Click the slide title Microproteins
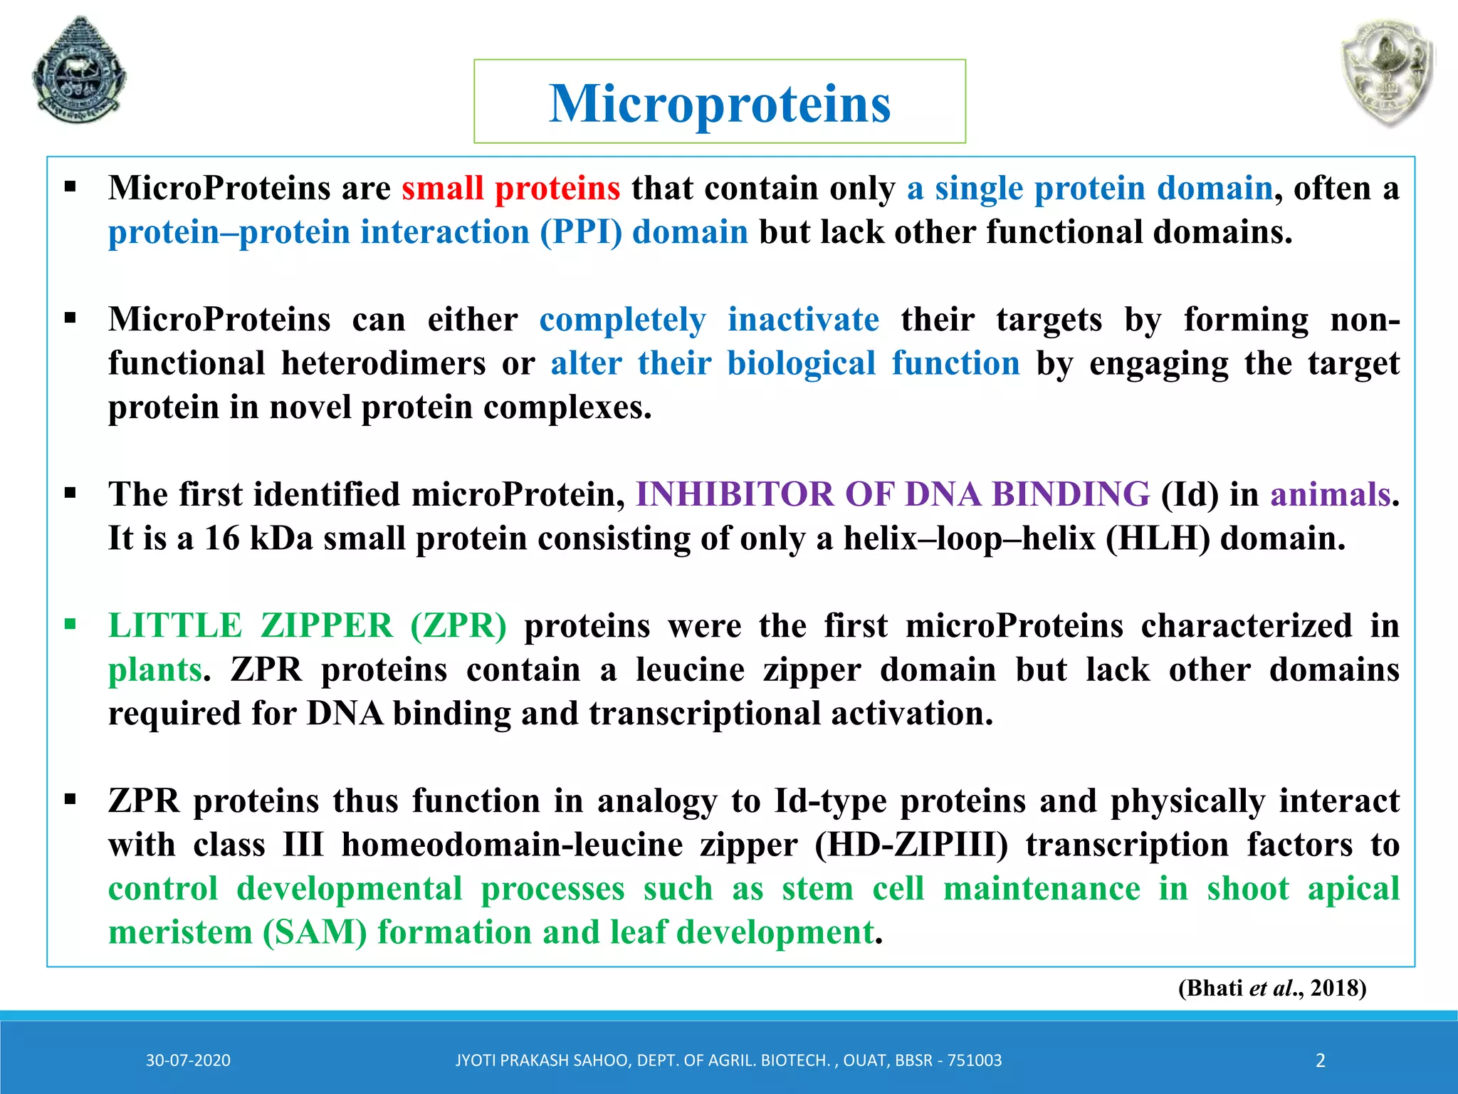point(719,103)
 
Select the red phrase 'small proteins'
point(510,189)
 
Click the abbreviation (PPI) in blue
point(580,233)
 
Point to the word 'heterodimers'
point(383,364)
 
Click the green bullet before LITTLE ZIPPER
point(70,625)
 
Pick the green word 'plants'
point(154,670)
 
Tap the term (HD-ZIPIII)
point(911,845)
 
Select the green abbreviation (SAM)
point(315,933)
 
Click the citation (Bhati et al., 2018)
point(1271,989)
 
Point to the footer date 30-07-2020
point(188,1061)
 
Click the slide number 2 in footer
point(1320,1061)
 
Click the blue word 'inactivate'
point(803,320)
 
